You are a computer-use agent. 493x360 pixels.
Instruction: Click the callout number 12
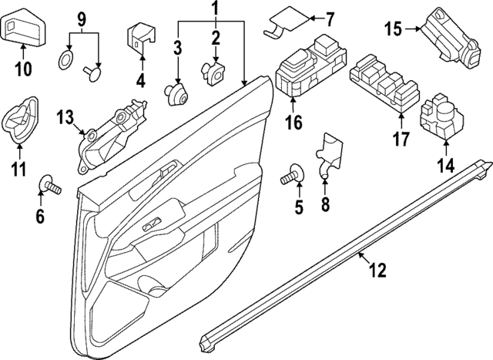[377, 270]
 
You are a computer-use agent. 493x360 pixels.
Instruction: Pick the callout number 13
[65, 117]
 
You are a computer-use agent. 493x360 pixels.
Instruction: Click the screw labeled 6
[50, 184]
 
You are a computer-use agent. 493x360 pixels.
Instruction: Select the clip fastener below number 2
[213, 72]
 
